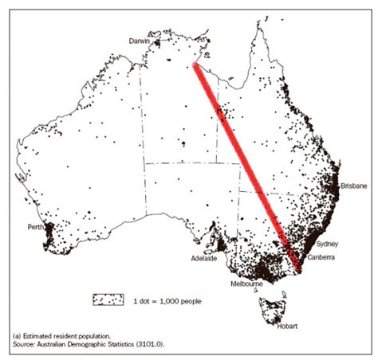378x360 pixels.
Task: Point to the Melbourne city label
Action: point(247,283)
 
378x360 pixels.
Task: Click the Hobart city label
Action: point(287,327)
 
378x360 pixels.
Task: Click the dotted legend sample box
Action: point(108,299)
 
